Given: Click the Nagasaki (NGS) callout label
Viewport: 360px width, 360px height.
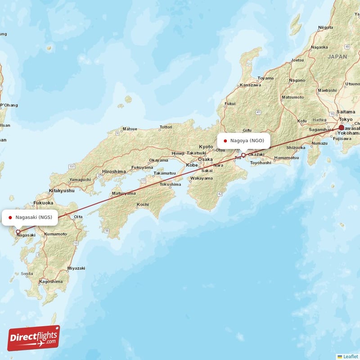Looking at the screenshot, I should tap(30, 217).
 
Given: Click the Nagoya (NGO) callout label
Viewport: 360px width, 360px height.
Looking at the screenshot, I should tap(244, 140).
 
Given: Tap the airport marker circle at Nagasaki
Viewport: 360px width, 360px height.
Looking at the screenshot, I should tap(18, 232).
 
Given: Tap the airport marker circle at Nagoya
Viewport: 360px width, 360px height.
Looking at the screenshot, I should tap(243, 155).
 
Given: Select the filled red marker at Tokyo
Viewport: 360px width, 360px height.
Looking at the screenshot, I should tap(342, 128).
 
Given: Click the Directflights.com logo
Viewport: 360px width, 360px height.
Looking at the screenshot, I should tap(34, 338).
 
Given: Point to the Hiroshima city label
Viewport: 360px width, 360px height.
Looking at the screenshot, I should tap(114, 171).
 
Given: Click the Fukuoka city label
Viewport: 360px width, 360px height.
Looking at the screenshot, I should tap(43, 203).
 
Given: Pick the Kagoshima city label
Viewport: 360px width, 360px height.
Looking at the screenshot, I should tap(51, 281).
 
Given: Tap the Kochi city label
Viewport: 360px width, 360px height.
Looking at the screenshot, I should tap(143, 204).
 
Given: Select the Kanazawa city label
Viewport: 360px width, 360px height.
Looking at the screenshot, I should tap(250, 85).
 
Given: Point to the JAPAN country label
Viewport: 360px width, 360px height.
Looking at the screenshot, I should tap(337, 57).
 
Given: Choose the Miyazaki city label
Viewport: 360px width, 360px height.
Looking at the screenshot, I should tap(76, 268).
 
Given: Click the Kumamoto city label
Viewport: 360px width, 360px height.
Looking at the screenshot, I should tap(55, 234).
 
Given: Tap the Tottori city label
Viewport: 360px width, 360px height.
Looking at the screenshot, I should tap(166, 127).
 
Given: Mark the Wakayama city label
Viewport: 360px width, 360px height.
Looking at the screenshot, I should tap(202, 178).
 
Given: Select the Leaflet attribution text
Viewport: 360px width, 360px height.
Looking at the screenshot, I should tap(350, 356).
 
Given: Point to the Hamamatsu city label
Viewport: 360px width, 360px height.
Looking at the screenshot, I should tap(286, 157).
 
